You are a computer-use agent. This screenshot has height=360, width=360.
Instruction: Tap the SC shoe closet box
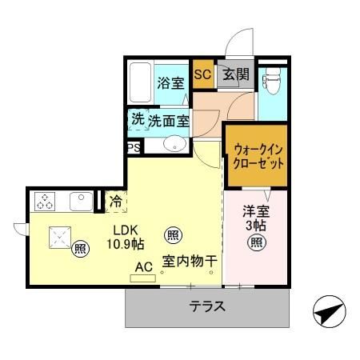tap(202, 75)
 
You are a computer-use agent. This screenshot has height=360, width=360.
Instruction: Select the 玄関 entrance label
tap(236, 75)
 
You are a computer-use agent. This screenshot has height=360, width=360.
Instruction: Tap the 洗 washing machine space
tap(138, 120)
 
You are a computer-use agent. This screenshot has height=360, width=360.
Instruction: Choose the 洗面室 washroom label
tap(168, 121)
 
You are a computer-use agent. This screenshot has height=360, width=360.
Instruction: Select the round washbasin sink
tap(174, 145)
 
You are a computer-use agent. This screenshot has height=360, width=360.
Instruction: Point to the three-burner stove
tap(44, 201)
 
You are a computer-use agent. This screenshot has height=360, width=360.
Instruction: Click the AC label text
tap(144, 266)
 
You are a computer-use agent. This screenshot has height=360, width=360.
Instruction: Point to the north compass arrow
tap(330, 313)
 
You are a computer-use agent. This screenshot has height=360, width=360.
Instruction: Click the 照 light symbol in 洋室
tap(254, 244)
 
